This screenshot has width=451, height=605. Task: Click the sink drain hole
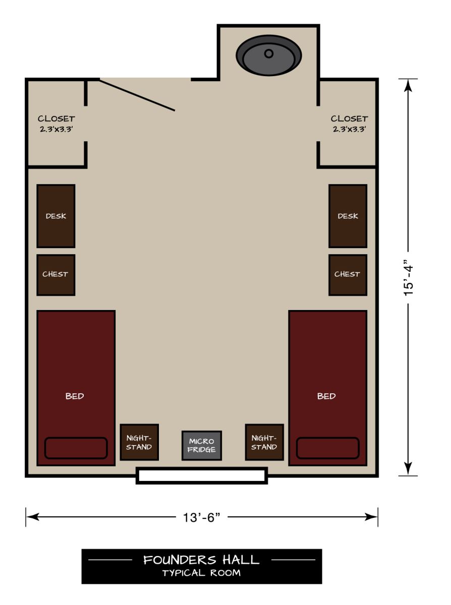pos(269,53)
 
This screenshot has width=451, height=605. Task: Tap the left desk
pos(56,216)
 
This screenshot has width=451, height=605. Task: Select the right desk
pos(348,216)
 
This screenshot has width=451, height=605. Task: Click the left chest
pos(56,275)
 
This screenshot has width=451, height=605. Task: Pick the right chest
pos(348,275)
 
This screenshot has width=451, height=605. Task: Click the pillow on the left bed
pos(76,448)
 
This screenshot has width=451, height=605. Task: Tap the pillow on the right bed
pos(327,448)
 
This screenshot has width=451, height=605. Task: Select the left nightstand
pos(139,442)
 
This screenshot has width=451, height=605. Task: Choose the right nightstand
pos(264,442)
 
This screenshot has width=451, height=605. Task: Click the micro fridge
pos(202,446)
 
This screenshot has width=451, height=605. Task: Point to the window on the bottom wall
pos(202,476)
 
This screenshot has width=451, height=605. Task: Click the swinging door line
pos(137,95)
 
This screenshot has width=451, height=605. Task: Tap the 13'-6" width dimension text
pos(202,517)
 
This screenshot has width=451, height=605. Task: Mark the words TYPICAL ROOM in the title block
pos(201,573)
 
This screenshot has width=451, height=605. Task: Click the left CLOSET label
pos(57,119)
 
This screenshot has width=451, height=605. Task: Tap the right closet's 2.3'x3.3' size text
pos(349,129)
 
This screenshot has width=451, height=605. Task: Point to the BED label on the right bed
pos(326,396)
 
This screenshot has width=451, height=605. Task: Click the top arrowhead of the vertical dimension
pos(409,85)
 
